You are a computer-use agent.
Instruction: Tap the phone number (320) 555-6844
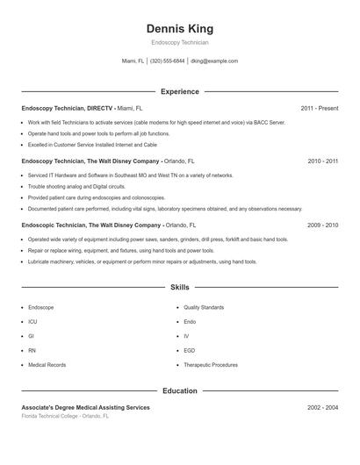(x=167, y=61)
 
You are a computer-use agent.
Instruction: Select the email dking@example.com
(x=214, y=61)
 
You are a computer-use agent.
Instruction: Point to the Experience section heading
(x=179, y=91)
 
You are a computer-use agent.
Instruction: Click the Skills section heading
(x=179, y=287)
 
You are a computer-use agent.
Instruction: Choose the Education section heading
(x=179, y=390)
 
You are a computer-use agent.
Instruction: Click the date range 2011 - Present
(x=319, y=109)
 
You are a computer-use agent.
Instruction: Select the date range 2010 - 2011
(x=322, y=161)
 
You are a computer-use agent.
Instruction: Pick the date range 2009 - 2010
(x=322, y=225)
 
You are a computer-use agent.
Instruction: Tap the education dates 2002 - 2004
(x=322, y=408)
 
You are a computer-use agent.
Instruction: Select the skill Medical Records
(x=47, y=364)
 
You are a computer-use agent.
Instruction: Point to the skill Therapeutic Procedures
(x=211, y=364)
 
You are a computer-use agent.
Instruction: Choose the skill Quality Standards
(x=204, y=308)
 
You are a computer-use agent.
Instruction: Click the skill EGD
(x=189, y=350)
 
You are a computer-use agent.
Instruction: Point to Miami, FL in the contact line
(x=133, y=61)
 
